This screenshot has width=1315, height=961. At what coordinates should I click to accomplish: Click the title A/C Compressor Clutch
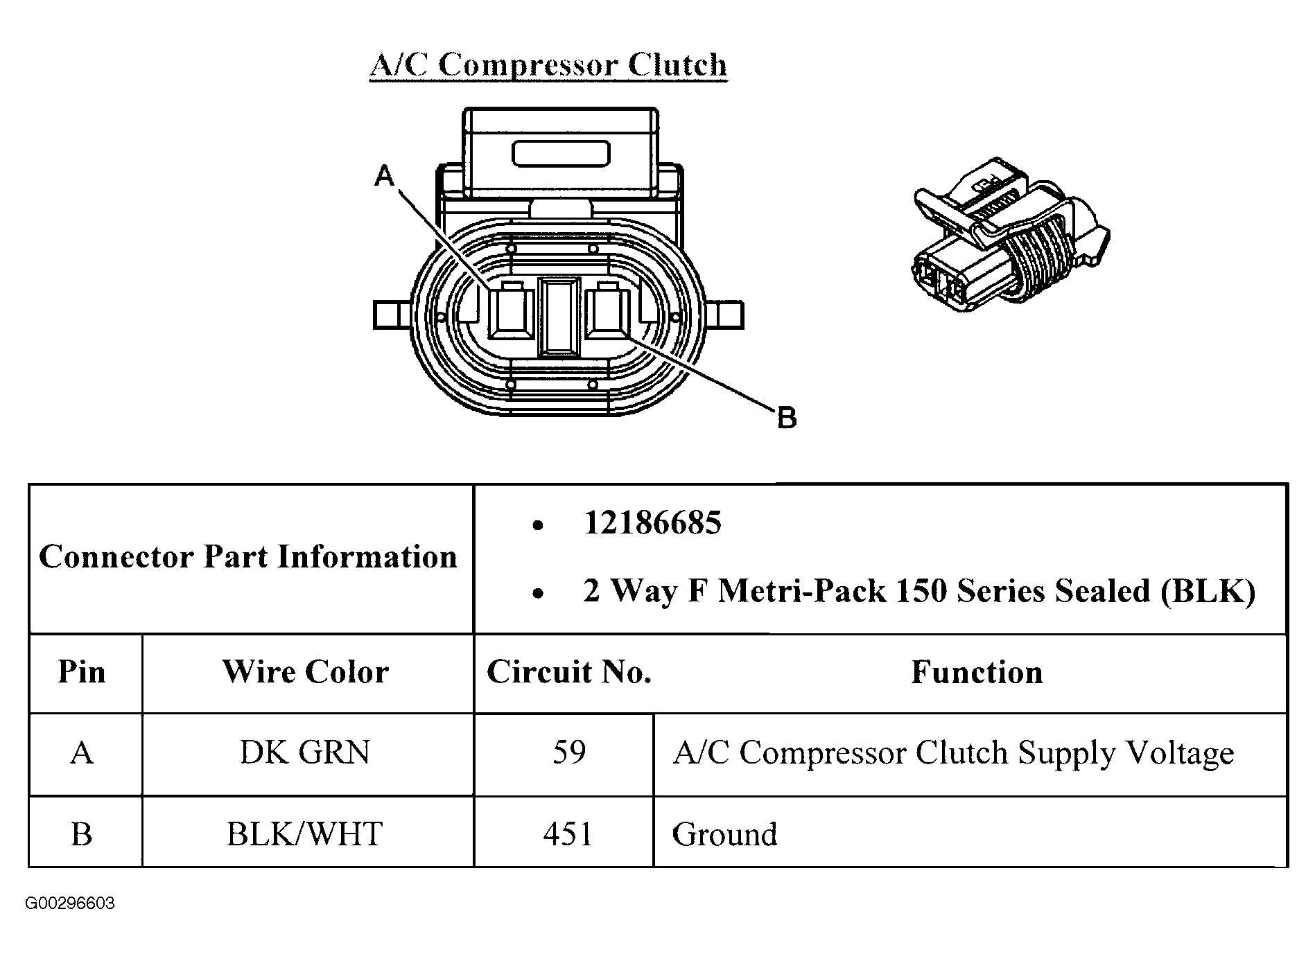click(548, 65)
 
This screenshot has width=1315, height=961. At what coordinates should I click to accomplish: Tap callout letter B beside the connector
click(787, 418)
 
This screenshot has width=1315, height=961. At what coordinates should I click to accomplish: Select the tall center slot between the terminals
click(559, 316)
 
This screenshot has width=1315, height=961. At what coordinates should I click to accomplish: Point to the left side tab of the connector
click(392, 314)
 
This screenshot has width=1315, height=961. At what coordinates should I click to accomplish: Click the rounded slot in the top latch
click(561, 154)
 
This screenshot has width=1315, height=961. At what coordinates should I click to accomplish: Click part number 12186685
click(652, 522)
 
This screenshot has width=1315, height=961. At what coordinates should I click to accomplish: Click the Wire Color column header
click(306, 671)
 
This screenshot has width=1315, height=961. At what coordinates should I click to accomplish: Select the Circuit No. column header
click(569, 671)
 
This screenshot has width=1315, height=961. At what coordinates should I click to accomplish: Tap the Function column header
click(977, 671)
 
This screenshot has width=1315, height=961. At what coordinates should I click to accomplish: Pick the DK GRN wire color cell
click(305, 752)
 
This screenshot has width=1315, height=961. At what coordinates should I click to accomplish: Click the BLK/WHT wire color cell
click(305, 834)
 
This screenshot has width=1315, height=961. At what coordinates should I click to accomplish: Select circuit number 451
click(568, 834)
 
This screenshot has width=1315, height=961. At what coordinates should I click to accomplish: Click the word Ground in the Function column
click(724, 834)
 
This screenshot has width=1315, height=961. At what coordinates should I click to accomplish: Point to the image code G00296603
click(70, 903)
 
